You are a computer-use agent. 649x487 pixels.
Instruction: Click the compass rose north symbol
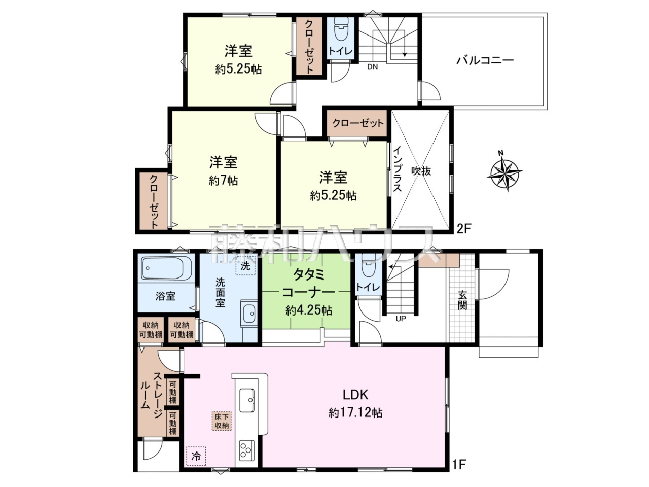505,172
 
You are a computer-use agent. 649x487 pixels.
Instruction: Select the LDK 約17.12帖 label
355,403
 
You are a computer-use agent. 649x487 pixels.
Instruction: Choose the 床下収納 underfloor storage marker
222,421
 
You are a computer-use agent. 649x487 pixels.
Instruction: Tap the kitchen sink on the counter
248,399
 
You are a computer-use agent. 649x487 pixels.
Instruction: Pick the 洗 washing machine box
246,265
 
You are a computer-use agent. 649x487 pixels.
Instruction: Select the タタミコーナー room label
308,284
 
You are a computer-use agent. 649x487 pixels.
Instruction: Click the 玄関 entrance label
462,299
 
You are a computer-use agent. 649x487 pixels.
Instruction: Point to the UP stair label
401,319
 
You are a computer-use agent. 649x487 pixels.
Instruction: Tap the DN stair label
373,66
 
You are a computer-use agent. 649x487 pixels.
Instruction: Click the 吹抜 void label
421,171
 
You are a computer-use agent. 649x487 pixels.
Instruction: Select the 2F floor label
464,228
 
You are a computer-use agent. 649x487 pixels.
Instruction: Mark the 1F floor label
460,463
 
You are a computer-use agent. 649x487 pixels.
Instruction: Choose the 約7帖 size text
223,180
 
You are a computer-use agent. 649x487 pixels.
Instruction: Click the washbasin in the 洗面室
249,314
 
